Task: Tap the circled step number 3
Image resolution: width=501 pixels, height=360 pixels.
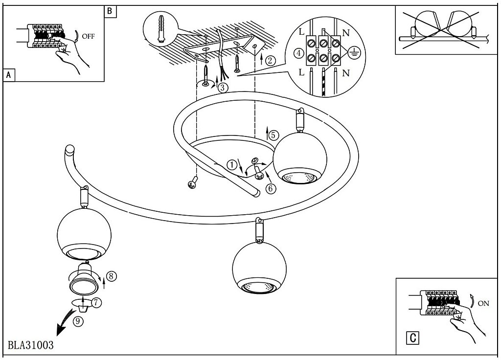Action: click(x=223, y=88)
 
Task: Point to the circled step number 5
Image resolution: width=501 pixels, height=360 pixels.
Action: click(x=273, y=134)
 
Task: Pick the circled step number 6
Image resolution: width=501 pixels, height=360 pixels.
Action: click(x=271, y=187)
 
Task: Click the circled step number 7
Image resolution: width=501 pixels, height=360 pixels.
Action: click(x=96, y=302)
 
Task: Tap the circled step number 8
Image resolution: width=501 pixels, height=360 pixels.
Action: click(x=112, y=276)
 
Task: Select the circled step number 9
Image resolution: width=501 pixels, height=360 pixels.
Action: click(x=79, y=321)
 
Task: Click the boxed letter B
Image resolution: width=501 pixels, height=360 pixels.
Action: click(x=110, y=11)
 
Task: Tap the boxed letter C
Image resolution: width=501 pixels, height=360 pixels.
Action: click(x=413, y=337)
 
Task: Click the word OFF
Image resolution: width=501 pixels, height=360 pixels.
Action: click(x=89, y=37)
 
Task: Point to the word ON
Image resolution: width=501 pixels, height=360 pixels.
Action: click(x=483, y=303)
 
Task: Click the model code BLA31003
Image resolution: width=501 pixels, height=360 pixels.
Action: click(x=30, y=344)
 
